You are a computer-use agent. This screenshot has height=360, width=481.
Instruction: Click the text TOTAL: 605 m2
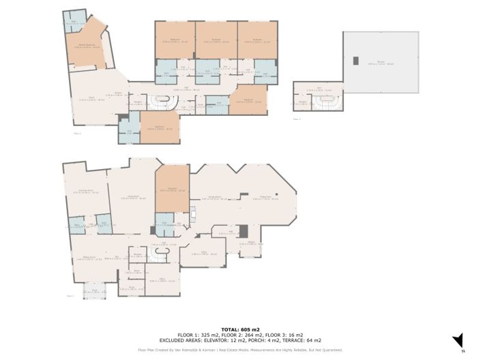(x=240, y=329)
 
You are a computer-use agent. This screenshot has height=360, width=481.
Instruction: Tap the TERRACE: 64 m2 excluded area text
(x=304, y=340)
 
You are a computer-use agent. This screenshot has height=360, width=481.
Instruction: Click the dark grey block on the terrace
(x=354, y=61)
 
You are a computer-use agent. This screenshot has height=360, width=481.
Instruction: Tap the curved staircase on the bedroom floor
(x=164, y=103)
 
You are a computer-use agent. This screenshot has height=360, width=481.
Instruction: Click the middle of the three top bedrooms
(x=216, y=41)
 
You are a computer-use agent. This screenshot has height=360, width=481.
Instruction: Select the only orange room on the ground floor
(x=172, y=189)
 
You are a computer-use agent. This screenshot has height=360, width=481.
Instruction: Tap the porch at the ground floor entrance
(x=94, y=290)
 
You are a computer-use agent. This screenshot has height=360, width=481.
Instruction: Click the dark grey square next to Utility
(x=242, y=231)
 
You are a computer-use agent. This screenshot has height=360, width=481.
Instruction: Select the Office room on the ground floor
(x=199, y=254)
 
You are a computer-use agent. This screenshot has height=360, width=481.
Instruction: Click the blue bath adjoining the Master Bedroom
(x=76, y=20)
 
